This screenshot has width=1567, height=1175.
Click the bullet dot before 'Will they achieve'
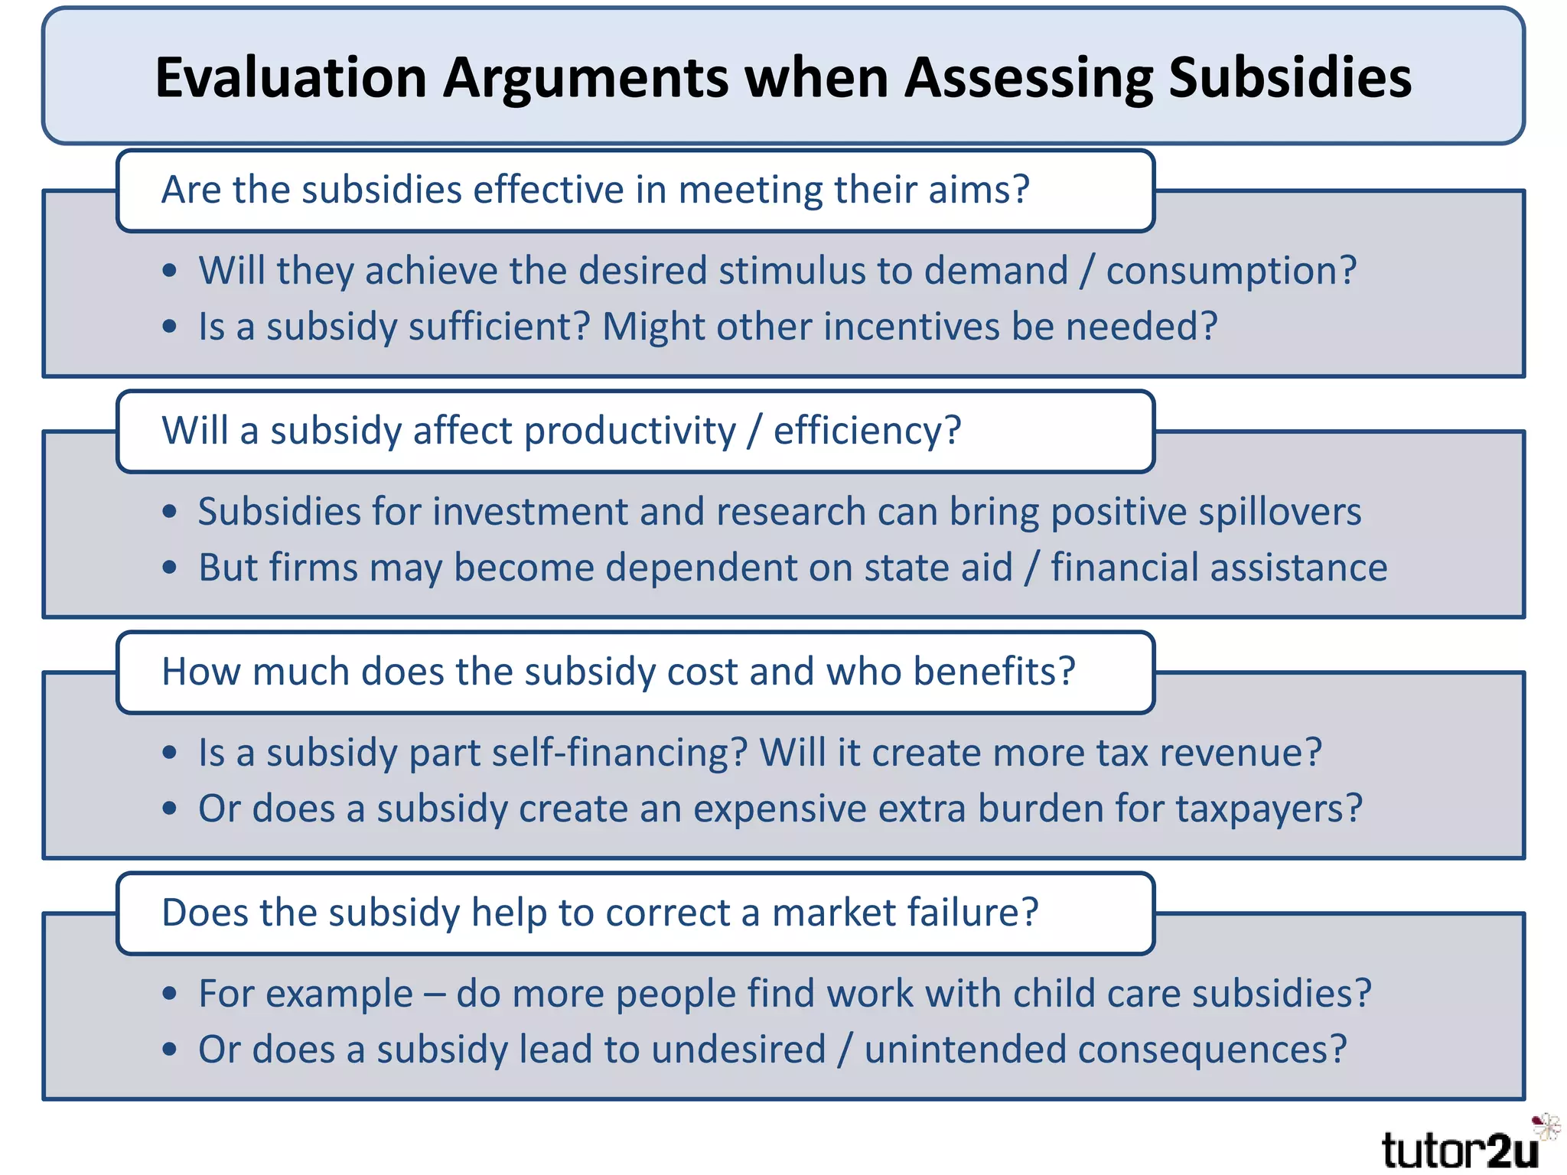pos(170,271)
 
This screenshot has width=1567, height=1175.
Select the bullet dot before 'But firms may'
pos(170,568)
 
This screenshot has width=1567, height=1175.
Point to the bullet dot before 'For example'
pos(170,994)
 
